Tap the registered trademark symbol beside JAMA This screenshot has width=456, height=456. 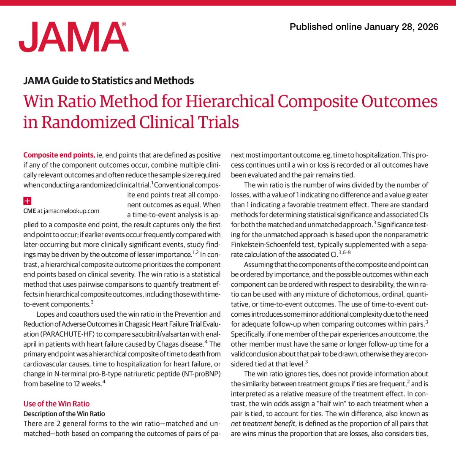coord(123,25)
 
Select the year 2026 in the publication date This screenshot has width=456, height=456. coord(427,27)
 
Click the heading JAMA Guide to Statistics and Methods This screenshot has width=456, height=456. coord(109,80)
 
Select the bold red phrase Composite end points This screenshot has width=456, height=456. coord(59,154)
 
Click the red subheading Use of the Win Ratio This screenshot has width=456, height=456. coord(57,404)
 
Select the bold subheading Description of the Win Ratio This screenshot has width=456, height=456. coord(64,413)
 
